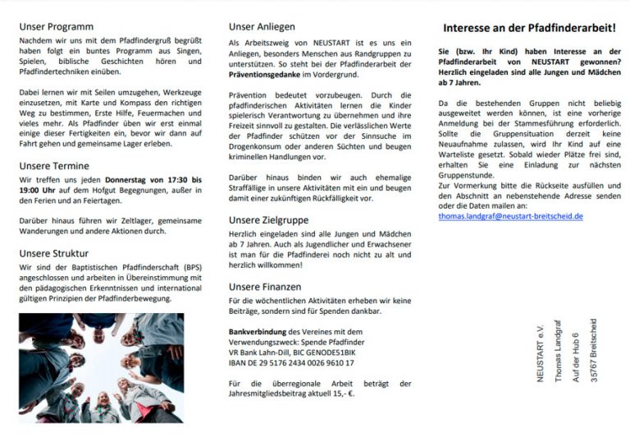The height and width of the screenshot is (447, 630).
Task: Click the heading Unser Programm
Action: pos(57,26)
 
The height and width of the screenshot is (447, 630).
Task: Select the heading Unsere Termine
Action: pos(55,165)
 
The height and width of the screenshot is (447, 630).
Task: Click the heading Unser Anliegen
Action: pos(262,26)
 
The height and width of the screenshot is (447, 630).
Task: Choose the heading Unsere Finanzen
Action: pos(265,287)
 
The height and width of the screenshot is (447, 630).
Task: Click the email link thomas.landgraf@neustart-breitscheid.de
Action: pos(510,216)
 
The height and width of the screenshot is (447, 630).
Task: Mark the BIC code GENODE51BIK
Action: pos(332,352)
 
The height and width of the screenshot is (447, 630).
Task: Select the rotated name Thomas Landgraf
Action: pos(559,352)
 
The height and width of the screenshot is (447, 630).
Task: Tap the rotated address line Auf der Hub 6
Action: pos(577,353)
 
